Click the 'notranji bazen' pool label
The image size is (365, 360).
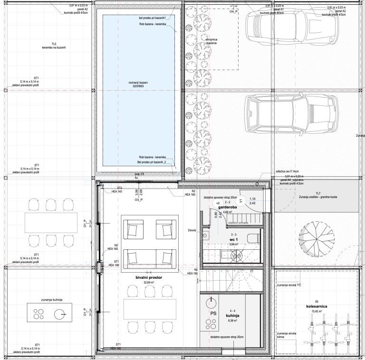[x=138, y=83]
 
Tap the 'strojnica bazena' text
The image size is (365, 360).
[x=211, y=41]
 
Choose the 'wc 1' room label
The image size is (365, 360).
[x=233, y=240]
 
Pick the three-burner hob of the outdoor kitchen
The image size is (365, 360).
[x=38, y=313]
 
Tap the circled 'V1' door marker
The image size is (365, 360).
[x=240, y=200]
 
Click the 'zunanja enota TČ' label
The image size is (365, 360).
[x=289, y=285]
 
